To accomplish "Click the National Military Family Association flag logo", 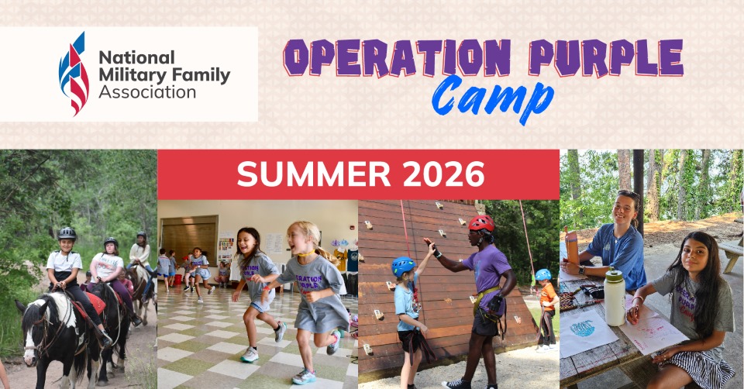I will click(74, 74).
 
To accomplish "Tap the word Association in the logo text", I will click(147, 92).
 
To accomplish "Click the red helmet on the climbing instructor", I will click(481, 223).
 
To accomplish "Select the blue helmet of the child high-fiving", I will click(403, 265).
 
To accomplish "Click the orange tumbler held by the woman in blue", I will click(572, 247).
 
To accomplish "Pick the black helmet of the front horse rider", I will click(67, 233).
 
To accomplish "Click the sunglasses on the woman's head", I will click(629, 194).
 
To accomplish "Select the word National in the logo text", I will click(125, 57).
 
